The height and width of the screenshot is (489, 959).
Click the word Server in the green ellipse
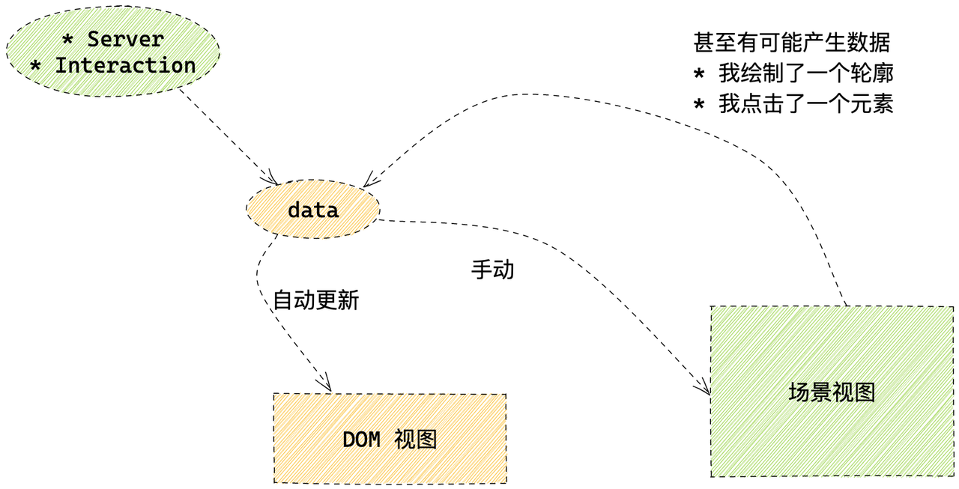[x=125, y=39]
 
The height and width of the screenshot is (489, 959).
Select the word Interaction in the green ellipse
[x=125, y=65]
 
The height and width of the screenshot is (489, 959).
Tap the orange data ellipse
[x=313, y=210]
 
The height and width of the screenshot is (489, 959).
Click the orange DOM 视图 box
[x=390, y=439]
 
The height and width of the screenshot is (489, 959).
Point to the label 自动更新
[x=315, y=301]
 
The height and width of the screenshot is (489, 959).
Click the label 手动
[x=492, y=270]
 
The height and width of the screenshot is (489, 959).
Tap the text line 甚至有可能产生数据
[x=792, y=43]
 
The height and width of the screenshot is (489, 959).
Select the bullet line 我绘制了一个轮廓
[x=805, y=73]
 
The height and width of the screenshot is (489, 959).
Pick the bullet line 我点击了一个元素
[x=805, y=104]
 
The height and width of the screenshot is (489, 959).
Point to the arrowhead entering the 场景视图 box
[x=704, y=389]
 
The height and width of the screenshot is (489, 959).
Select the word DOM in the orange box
[x=360, y=440]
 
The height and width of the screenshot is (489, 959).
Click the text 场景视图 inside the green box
[x=832, y=392]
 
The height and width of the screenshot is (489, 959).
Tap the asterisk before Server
[x=67, y=39]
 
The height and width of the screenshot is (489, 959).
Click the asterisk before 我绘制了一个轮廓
[x=699, y=75]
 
